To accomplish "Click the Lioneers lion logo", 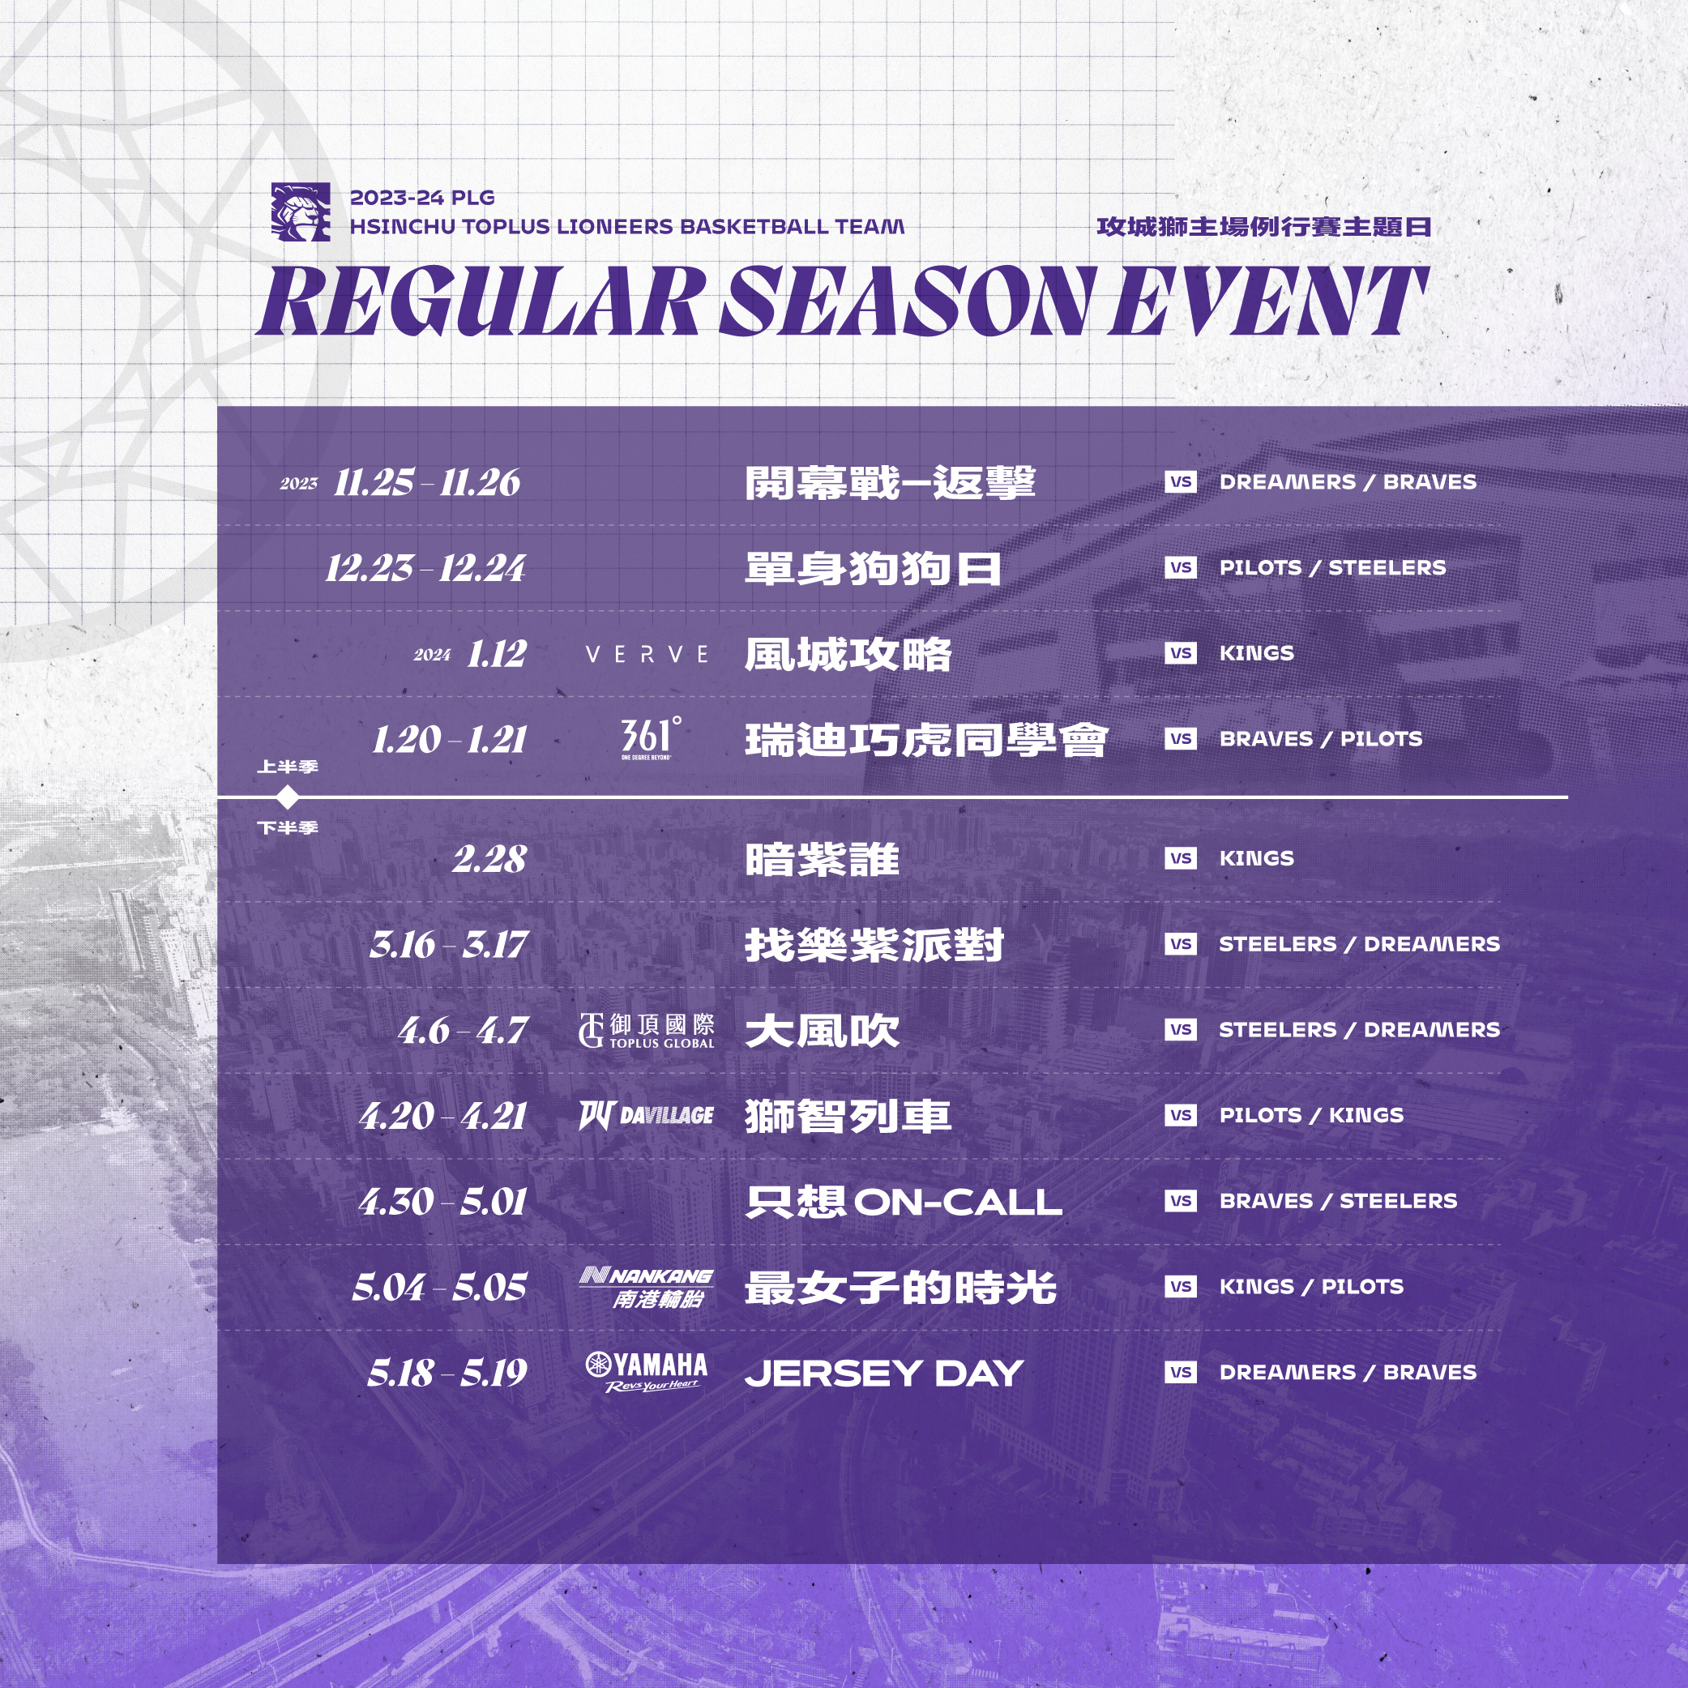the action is coord(301,212).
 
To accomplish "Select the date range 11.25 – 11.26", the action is coord(427,482).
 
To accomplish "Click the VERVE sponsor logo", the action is coord(647,655).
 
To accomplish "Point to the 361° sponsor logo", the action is coord(650,738).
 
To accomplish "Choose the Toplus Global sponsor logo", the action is coord(647,1031).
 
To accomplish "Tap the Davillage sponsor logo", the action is coord(647,1116).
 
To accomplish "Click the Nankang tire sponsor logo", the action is coord(647,1288).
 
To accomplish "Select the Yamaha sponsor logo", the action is coord(647,1373).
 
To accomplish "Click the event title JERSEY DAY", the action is coord(884,1374).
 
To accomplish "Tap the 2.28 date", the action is coord(489,860).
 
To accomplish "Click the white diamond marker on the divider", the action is coord(288,797).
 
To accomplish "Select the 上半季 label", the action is coord(288,767).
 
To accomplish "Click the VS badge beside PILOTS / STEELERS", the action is coord(1181,567).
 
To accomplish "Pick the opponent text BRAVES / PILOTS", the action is coord(1320,739).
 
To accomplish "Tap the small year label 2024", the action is coord(433,656).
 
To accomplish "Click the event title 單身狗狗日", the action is coord(873,569).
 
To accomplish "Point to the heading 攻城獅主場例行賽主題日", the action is coord(1263,227).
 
